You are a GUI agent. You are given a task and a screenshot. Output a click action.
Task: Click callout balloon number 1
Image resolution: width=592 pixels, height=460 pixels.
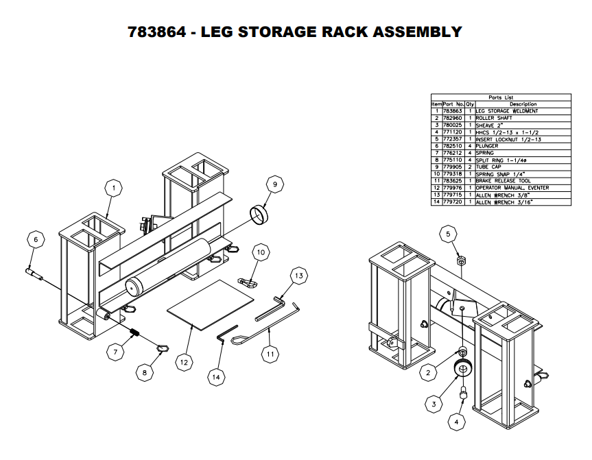click(x=115, y=186)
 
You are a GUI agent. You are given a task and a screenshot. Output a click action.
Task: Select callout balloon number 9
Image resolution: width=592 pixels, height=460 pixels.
click(x=274, y=184)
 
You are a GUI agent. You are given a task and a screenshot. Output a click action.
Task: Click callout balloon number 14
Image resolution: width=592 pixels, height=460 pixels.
click(x=216, y=376)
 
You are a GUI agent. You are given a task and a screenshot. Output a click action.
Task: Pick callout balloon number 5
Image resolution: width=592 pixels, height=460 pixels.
click(x=449, y=234)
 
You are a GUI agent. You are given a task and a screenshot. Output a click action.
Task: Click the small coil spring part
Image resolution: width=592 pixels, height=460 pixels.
click(x=136, y=334)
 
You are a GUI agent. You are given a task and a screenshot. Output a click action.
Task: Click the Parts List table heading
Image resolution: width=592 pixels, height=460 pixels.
click(x=500, y=97)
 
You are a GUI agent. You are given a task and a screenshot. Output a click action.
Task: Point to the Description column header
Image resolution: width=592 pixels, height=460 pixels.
click(x=523, y=104)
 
